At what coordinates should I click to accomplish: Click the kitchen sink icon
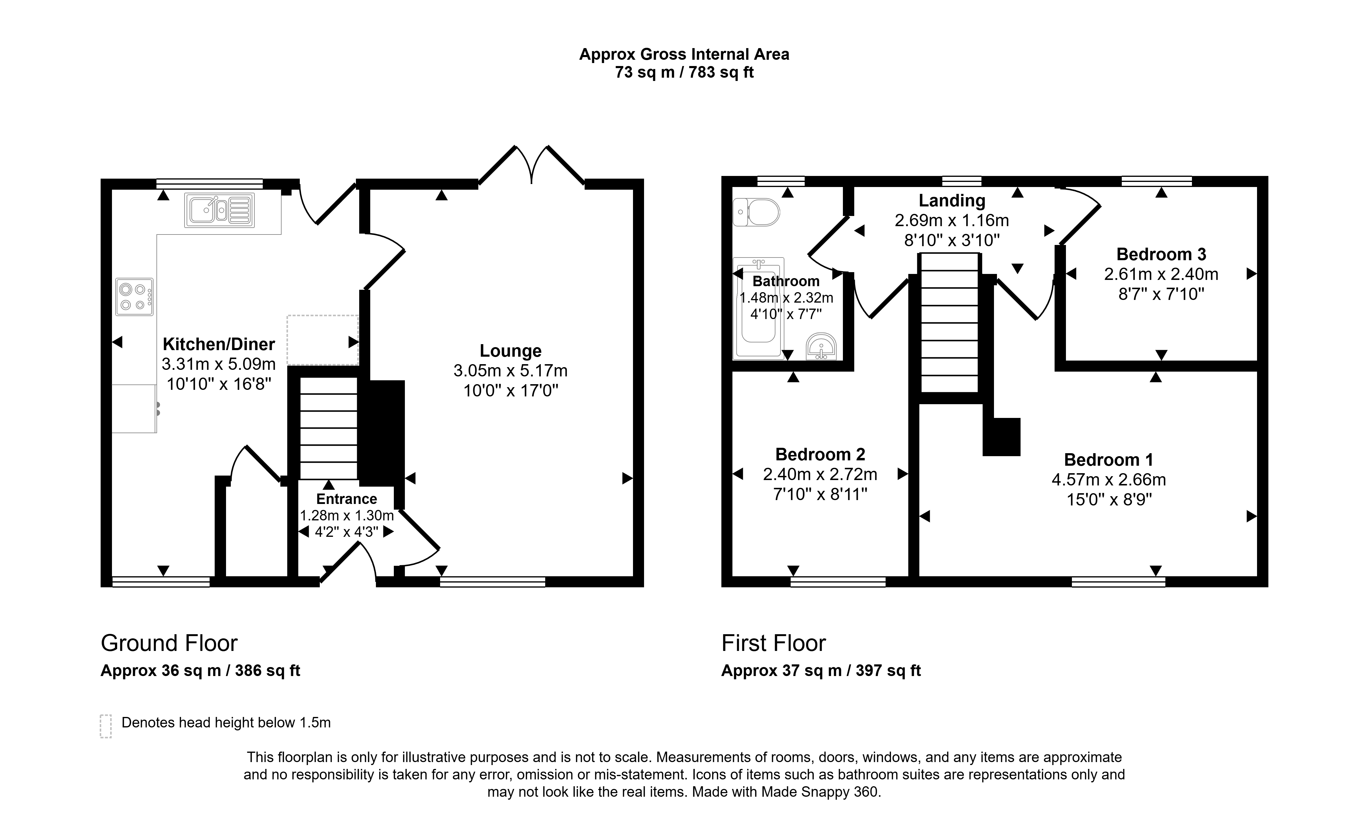click(x=219, y=210)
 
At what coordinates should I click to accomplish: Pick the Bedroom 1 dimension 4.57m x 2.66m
click(x=1109, y=479)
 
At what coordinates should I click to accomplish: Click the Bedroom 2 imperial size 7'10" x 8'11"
click(x=820, y=494)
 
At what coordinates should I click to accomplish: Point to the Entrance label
click(x=346, y=499)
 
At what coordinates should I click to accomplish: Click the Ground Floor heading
click(x=169, y=643)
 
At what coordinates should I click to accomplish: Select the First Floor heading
click(x=774, y=643)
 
